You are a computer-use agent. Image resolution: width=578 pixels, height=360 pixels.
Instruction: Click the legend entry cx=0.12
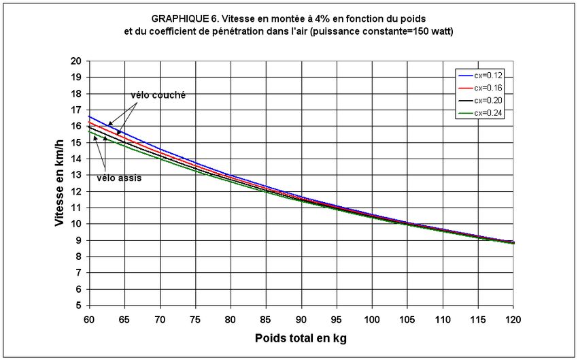(489, 75)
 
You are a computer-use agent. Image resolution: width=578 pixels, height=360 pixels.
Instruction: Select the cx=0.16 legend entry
(489, 87)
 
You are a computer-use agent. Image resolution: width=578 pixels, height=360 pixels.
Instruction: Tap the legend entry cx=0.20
(489, 100)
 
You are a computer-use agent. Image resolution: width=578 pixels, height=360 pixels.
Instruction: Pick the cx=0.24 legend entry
(489, 112)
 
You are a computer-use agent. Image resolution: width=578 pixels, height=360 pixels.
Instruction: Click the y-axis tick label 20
(76, 61)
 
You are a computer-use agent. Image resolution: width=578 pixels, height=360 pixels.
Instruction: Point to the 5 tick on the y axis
(79, 305)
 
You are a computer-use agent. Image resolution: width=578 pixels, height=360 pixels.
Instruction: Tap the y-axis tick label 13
(76, 175)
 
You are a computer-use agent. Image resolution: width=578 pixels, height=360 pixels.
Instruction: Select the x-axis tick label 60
(89, 318)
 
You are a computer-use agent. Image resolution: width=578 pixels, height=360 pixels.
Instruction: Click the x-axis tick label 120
(513, 318)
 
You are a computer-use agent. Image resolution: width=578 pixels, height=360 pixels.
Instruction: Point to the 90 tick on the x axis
(301, 318)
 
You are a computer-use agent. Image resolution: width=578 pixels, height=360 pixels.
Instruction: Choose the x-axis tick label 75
(195, 318)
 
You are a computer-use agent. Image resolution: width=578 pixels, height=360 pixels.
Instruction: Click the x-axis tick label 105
(407, 318)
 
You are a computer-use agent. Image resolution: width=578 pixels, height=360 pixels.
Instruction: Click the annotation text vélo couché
(158, 95)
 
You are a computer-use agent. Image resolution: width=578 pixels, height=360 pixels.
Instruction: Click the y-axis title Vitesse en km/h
(60, 183)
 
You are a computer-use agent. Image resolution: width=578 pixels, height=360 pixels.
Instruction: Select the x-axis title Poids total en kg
(301, 338)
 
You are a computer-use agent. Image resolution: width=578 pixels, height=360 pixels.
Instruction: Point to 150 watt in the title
(430, 32)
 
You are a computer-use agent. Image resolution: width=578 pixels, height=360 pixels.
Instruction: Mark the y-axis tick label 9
(79, 240)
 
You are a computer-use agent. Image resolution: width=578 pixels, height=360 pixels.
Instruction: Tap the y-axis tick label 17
(76, 110)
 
